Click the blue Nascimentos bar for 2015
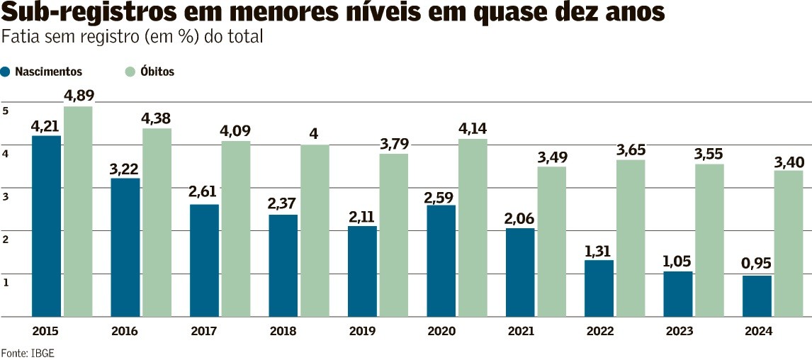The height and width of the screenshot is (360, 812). (x=46, y=226)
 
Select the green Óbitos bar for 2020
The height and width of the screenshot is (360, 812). (x=473, y=227)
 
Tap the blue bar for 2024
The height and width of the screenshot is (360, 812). (x=757, y=296)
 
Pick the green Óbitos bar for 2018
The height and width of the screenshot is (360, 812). (x=315, y=230)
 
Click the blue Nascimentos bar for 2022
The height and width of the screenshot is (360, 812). (x=599, y=288)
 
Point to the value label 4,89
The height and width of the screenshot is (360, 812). (x=78, y=96)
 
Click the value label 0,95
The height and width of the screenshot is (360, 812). (x=757, y=264)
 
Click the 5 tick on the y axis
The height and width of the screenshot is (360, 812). (x=6, y=111)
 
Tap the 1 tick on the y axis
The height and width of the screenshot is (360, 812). (x=6, y=283)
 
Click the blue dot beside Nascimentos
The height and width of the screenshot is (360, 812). (x=5, y=72)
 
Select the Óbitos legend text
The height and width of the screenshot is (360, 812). (x=157, y=72)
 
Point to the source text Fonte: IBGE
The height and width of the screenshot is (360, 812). (x=28, y=353)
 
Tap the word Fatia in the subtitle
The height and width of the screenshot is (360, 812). (x=18, y=38)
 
